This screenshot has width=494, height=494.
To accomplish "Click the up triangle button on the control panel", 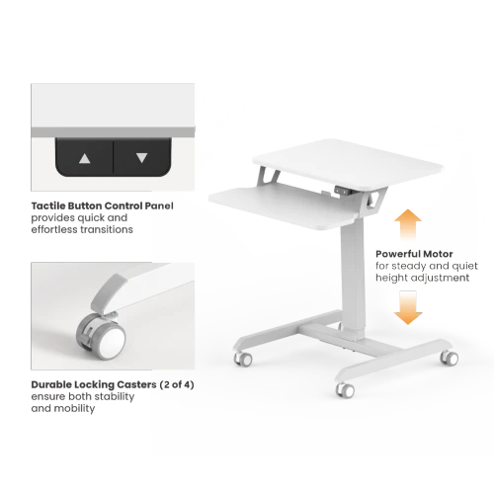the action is coord(85,159).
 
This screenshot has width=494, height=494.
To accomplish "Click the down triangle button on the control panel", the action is coord(142,158).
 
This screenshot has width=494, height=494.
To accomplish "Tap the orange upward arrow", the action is coord(408,225).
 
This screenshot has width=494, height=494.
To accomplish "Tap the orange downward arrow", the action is coord(408,307).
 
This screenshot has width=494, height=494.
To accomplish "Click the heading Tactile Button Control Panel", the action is coord(102,206).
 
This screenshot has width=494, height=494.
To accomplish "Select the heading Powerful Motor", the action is coord(414,254).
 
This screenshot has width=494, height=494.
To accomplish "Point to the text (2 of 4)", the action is coord(177,384).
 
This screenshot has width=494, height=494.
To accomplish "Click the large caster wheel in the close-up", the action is coord(102,337).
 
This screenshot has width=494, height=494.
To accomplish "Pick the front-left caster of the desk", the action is coord(243,359).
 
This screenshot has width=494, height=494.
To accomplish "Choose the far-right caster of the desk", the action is coord(450,358).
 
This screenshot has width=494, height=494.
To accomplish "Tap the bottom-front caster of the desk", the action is coord(345,390).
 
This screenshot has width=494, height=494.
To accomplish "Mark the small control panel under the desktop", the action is coord(343,190).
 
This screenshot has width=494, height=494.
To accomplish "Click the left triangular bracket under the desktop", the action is coord(267,174).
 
